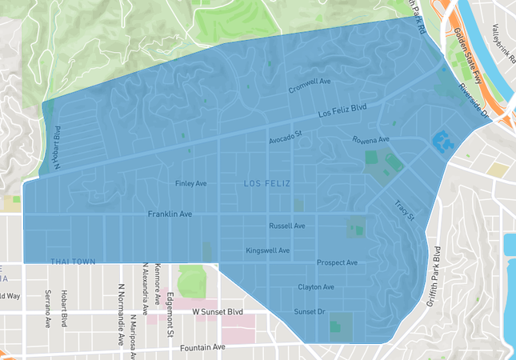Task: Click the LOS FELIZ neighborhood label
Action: (x=266, y=185)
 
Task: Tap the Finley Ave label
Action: (x=190, y=184)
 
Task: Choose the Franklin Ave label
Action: (x=170, y=215)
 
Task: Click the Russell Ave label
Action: (x=286, y=226)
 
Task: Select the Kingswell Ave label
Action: (x=267, y=250)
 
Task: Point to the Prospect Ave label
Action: (x=337, y=262)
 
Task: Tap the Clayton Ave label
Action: (x=315, y=286)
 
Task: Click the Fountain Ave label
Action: (x=202, y=347)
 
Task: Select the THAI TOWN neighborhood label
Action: (x=72, y=262)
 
